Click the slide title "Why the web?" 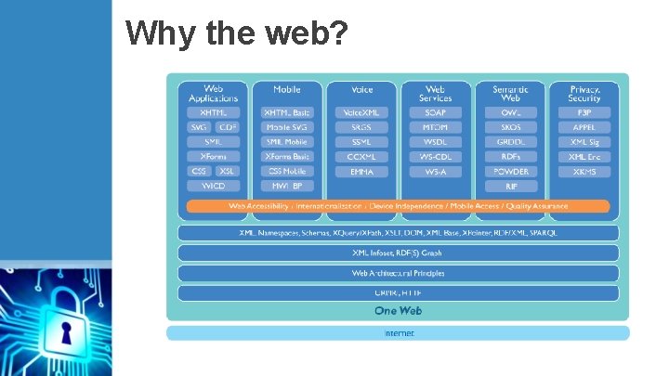tap(237, 34)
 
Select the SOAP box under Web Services tap(436, 112)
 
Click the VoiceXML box tap(361, 112)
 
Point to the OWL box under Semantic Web tap(510, 112)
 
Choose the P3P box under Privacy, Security tap(584, 112)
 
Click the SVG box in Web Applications tap(199, 127)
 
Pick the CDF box tap(228, 127)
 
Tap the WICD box tap(213, 187)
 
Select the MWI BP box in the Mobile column tap(287, 187)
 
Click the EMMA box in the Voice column tap(361, 172)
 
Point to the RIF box tap(510, 187)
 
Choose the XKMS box tap(584, 172)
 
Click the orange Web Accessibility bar tap(398, 206)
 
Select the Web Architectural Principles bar tap(398, 273)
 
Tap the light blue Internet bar tap(398, 332)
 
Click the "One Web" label tap(398, 310)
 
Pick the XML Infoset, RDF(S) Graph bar tap(398, 253)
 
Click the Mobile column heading tap(287, 90)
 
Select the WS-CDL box tap(436, 157)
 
